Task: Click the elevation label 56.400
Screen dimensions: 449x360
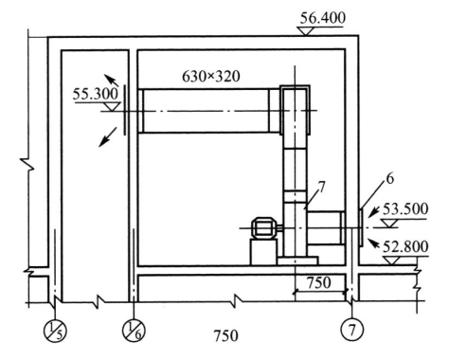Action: pos(322,18)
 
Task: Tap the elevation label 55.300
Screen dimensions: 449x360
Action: pos(96,94)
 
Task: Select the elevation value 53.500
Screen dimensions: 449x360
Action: pos(405,209)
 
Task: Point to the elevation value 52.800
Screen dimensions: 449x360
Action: pos(405,246)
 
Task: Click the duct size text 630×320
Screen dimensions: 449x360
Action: pos(211,77)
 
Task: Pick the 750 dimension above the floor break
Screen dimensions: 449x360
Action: pos(319,282)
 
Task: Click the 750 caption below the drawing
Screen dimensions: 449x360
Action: pos(225,335)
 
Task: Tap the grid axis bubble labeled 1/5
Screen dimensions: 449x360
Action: pos(55,331)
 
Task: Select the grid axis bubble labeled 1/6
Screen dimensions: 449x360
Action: pos(134,331)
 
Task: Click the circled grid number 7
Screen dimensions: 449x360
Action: pos(352,330)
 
